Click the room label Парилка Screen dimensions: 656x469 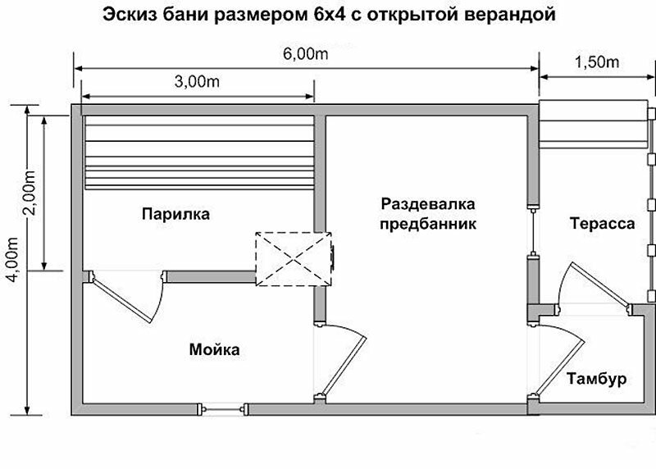click(175, 214)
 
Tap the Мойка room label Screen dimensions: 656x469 click(215, 349)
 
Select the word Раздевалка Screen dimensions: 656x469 click(428, 204)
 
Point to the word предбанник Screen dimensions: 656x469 click(428, 223)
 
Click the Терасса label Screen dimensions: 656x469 click(603, 223)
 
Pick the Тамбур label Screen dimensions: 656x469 click(597, 379)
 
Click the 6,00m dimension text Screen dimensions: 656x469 click(305, 54)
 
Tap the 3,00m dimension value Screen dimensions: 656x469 click(197, 81)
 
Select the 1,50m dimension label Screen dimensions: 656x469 click(597, 62)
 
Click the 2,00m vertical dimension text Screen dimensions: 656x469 click(30, 193)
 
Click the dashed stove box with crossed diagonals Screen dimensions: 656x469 click(294, 259)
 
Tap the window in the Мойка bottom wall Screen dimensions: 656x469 click(222, 409)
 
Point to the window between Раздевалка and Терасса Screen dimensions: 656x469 click(533, 231)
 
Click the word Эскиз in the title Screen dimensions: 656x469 click(129, 14)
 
